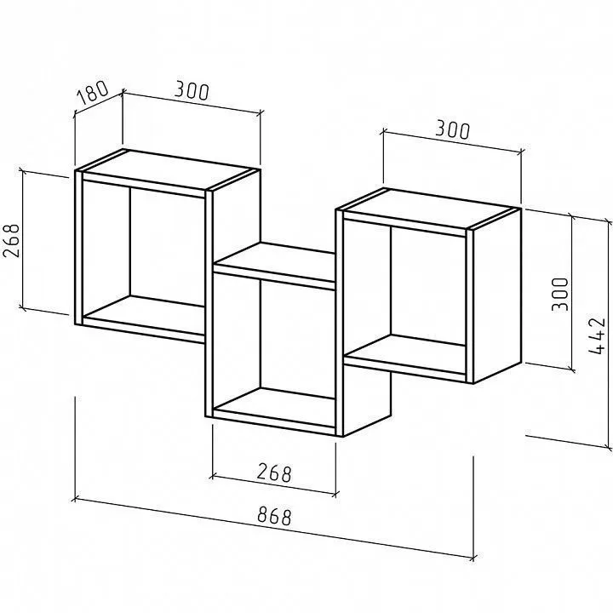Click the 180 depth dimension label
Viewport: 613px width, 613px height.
(92, 92)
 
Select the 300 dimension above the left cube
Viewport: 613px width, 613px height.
(192, 91)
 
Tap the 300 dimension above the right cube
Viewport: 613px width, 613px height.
(453, 129)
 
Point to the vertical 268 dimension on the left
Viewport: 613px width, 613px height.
(11, 241)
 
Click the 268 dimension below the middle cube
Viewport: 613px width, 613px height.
(274, 473)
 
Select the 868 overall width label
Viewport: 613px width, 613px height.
(274, 516)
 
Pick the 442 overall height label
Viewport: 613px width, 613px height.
(598, 335)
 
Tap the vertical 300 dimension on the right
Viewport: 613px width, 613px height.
(559, 295)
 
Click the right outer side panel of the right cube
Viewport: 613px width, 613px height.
(497, 295)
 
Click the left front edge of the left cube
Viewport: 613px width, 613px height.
(78, 248)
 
